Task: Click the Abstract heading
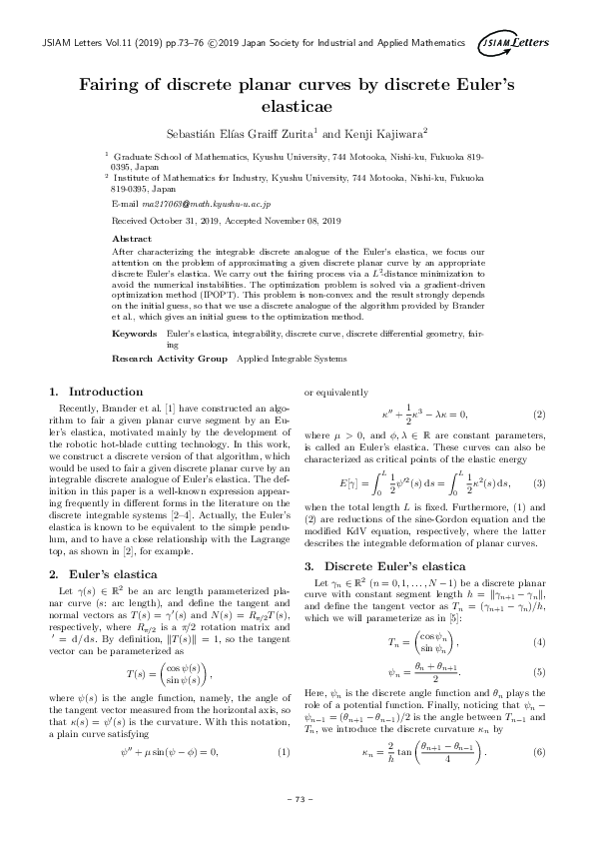133,241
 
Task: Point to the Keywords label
136,331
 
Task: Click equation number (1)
284,724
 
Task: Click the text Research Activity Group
171,357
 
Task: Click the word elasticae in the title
297,104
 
